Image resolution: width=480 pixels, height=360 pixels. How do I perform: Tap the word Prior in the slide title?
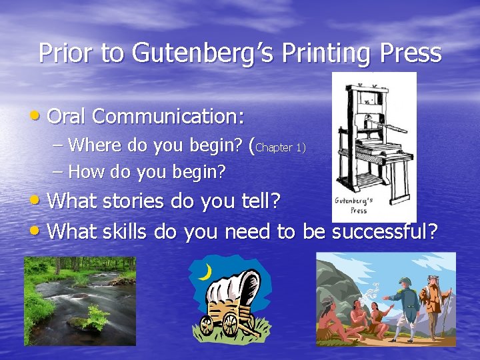[66, 53]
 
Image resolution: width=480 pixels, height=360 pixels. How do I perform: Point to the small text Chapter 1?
[280, 147]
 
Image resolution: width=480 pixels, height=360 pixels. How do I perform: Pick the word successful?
[385, 231]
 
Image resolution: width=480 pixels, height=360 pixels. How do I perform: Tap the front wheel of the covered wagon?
[229, 325]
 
